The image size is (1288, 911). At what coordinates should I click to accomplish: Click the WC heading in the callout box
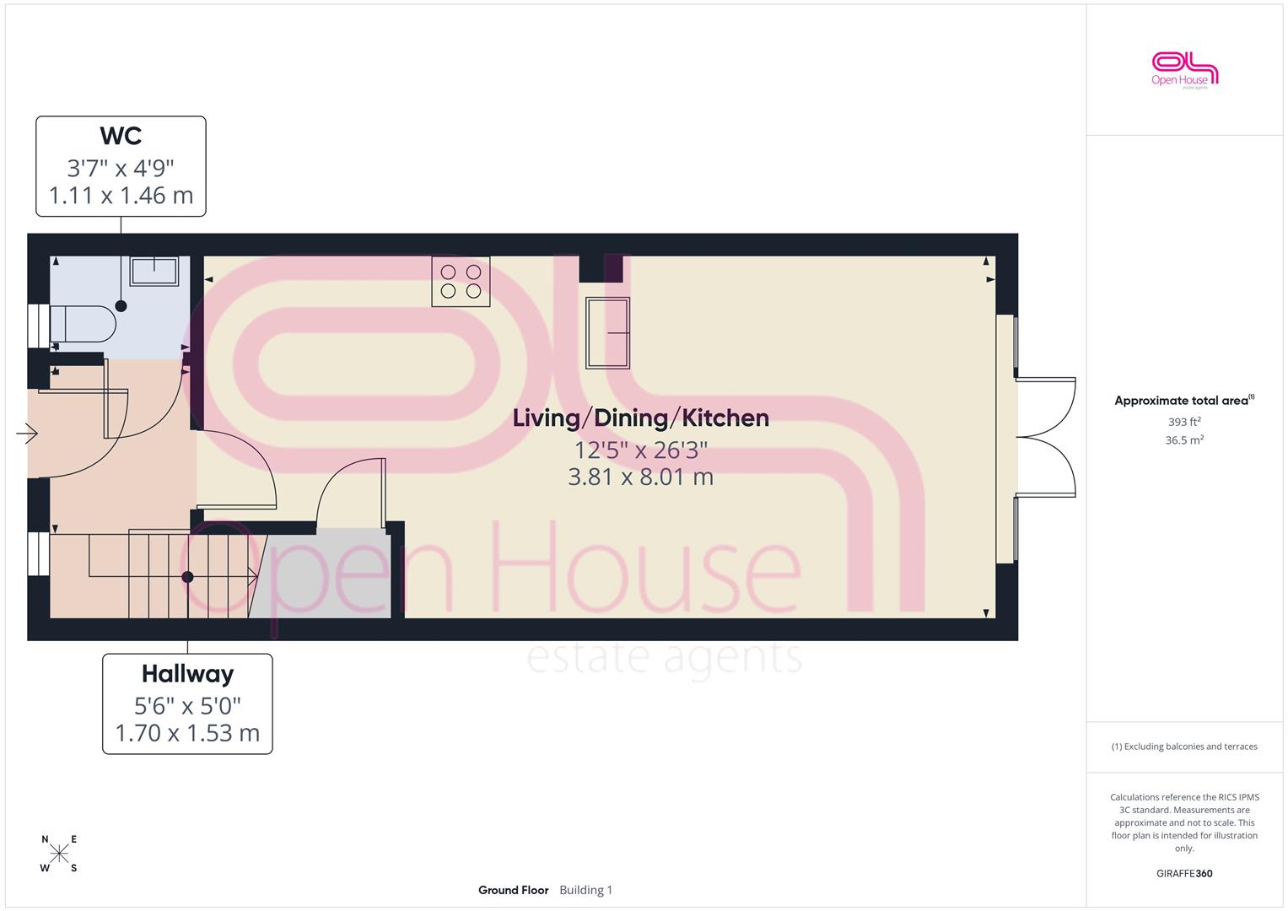click(121, 137)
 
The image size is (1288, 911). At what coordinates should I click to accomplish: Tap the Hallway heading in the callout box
click(187, 674)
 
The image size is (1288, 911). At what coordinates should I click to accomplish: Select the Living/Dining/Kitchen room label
click(640, 418)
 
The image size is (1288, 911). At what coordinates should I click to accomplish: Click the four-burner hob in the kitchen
click(461, 281)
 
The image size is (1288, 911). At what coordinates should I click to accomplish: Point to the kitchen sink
click(608, 333)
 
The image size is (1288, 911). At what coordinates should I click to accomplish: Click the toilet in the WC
click(83, 325)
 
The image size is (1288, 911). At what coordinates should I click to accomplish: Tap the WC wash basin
click(154, 271)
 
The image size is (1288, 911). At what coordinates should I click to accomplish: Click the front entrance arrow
click(27, 433)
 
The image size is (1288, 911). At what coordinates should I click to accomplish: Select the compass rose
click(59, 853)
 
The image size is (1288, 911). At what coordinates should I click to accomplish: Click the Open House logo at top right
click(1184, 70)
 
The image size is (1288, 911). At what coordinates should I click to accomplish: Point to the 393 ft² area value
click(1184, 422)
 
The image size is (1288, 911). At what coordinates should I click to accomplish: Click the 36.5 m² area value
click(1184, 440)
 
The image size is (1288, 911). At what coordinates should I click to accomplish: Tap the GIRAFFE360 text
click(1184, 873)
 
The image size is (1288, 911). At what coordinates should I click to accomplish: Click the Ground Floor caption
click(513, 890)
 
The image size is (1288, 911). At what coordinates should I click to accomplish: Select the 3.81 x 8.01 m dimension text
click(640, 477)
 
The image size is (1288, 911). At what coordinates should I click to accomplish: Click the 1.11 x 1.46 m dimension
click(121, 196)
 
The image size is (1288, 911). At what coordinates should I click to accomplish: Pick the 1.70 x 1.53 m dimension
click(187, 733)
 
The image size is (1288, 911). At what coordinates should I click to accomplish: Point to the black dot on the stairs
click(187, 577)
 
